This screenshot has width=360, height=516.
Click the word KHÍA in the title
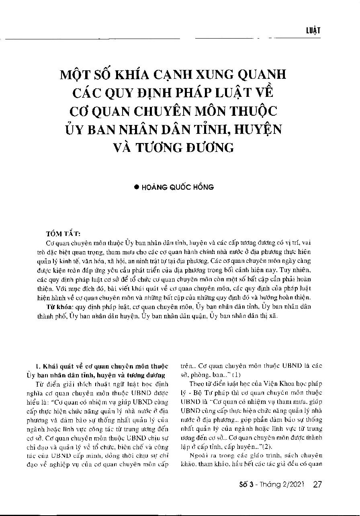136,75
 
